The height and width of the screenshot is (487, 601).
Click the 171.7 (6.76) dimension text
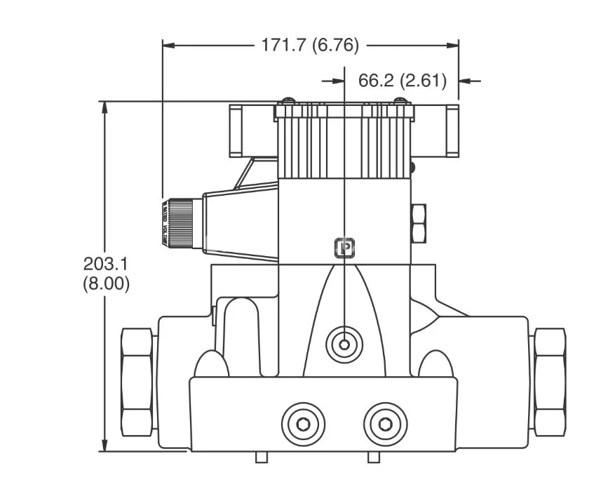tap(310, 46)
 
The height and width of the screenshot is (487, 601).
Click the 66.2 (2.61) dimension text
tap(402, 81)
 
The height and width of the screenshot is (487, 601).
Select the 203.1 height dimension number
tap(105, 265)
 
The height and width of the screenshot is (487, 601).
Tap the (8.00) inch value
tap(106, 285)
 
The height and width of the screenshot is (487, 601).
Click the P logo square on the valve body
tap(344, 248)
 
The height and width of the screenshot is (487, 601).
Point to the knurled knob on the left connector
tap(180, 222)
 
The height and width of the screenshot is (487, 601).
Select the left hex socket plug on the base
tap(303, 423)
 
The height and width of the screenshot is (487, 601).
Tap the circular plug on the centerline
tap(344, 344)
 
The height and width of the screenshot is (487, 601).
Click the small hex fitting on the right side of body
tap(419, 223)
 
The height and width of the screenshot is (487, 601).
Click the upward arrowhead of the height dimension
tap(104, 107)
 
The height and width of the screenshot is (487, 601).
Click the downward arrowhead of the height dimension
tap(104, 446)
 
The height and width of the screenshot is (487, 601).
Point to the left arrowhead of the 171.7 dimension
tap(169, 46)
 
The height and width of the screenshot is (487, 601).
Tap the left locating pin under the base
tap(261, 458)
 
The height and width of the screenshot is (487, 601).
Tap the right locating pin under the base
tap(373, 458)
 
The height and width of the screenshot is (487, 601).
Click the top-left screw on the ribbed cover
tap(288, 102)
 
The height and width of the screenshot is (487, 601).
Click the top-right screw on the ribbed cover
tap(400, 102)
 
